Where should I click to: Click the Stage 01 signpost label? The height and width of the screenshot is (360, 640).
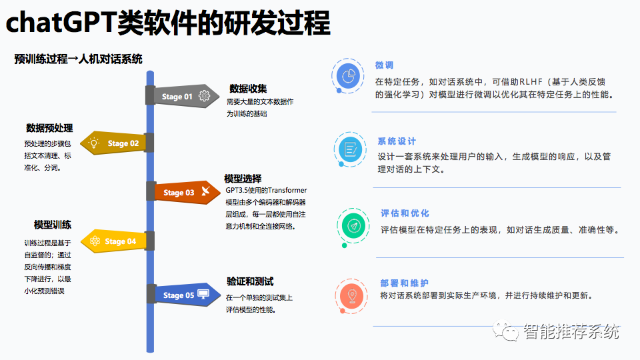(177, 97)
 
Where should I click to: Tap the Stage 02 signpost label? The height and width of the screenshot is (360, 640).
(123, 143)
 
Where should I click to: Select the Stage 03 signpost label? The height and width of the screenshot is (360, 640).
(179, 193)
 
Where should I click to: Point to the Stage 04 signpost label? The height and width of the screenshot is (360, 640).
(121, 241)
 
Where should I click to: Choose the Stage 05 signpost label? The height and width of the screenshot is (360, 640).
(179, 295)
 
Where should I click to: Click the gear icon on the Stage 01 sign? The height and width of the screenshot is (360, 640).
(204, 96)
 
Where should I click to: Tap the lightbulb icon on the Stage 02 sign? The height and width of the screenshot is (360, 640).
(95, 143)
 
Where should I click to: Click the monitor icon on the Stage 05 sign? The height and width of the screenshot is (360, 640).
(203, 294)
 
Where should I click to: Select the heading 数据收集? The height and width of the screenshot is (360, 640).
(248, 89)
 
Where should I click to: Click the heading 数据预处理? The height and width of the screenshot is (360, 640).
(49, 128)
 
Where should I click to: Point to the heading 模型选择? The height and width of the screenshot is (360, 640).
(243, 179)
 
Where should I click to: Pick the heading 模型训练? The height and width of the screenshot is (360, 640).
(53, 225)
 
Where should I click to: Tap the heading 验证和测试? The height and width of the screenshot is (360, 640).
(250, 281)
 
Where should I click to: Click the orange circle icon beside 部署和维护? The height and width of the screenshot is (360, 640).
(351, 293)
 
